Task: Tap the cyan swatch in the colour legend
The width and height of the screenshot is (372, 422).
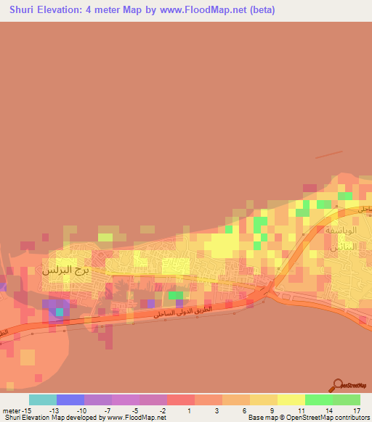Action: pyautogui.click(x=42, y=399)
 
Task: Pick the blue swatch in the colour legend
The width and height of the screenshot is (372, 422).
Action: pyautogui.click(x=70, y=399)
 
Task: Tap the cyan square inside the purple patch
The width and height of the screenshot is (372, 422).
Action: pyautogui.click(x=60, y=313)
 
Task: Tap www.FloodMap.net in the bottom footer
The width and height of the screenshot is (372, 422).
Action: pyautogui.click(x=137, y=417)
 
